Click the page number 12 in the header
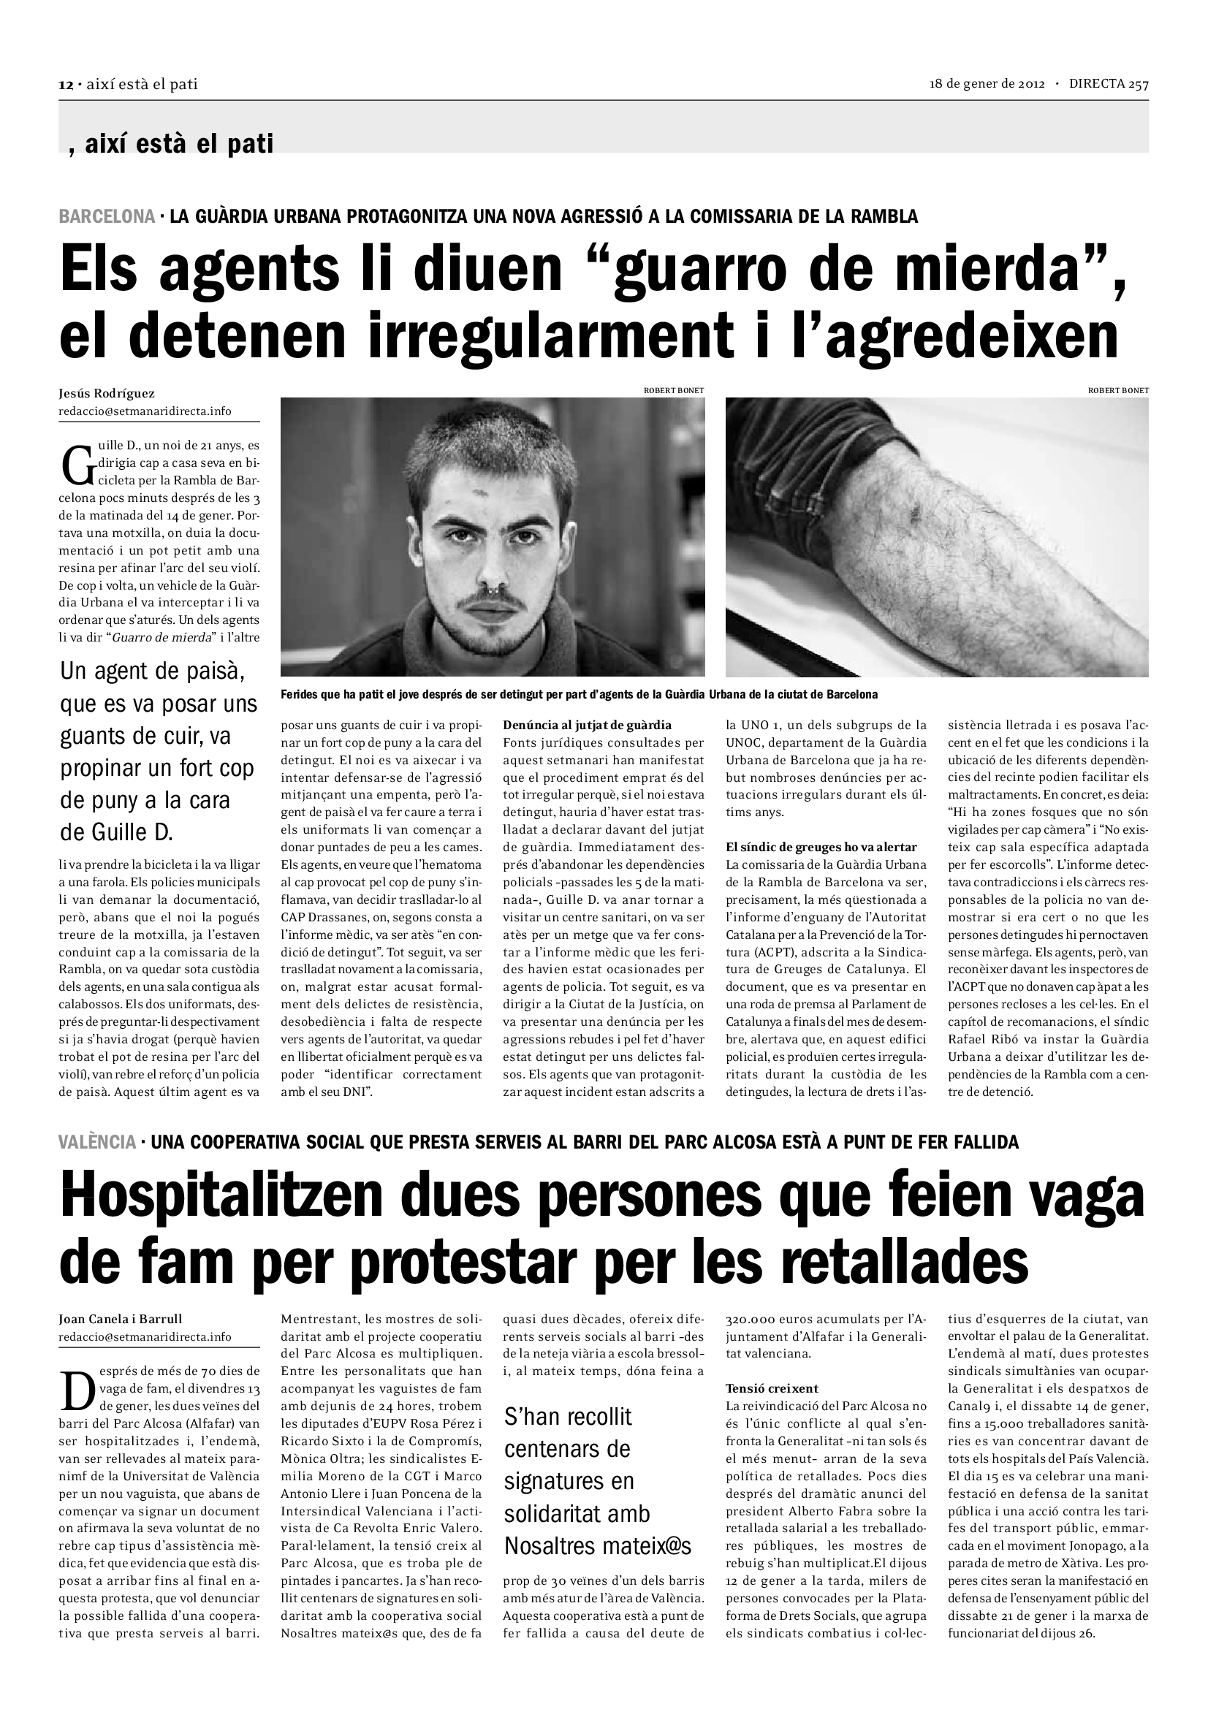(x=66, y=85)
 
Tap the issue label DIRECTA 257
(x=1109, y=84)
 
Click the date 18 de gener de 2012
(x=987, y=84)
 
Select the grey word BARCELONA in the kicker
(x=107, y=216)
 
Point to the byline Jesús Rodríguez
(x=107, y=393)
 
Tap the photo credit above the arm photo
(x=1118, y=390)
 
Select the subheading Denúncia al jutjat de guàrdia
(x=588, y=725)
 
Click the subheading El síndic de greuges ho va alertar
(x=821, y=847)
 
